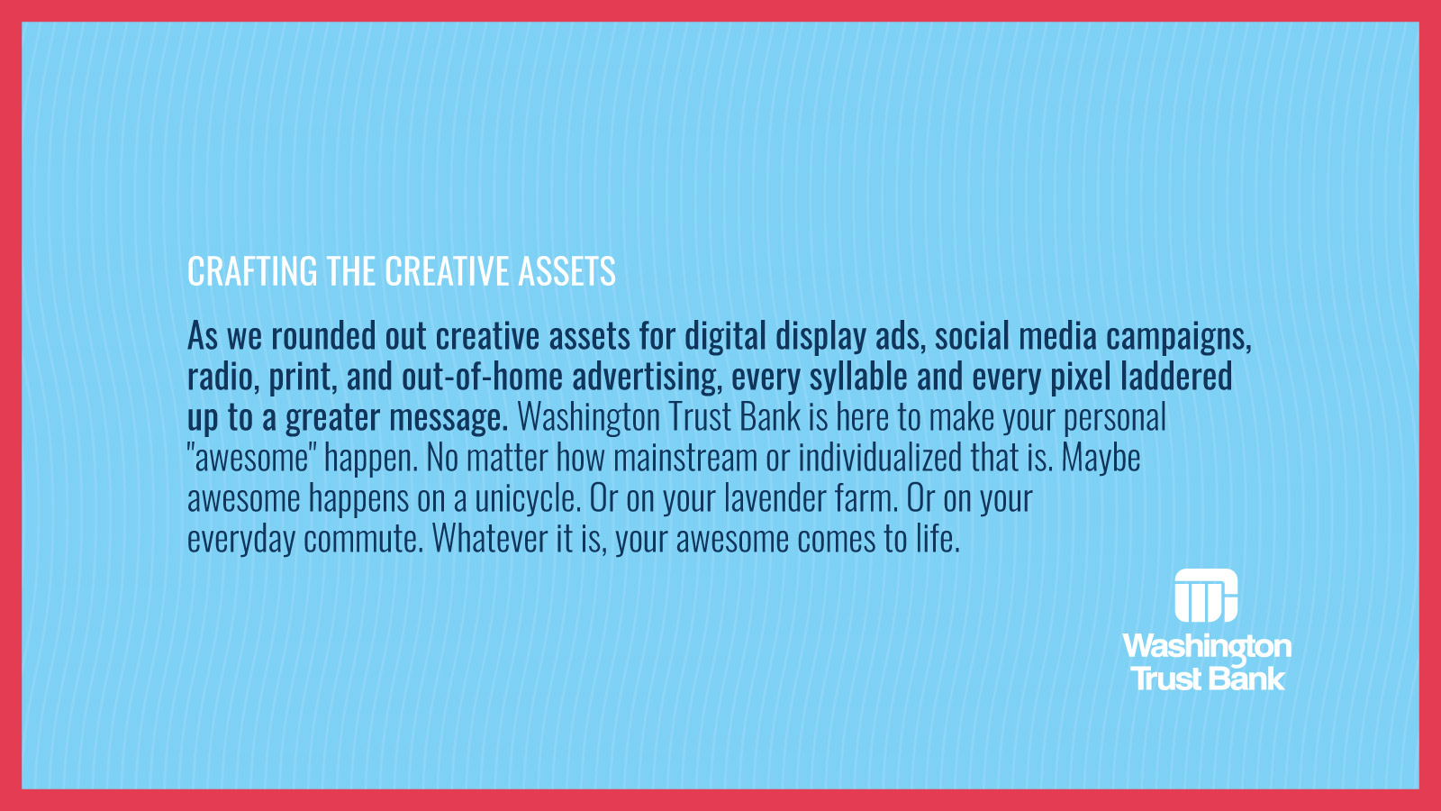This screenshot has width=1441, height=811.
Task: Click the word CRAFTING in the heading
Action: (252, 271)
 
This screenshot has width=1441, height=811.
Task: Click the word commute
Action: (364, 540)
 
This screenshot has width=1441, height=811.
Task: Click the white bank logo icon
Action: (1206, 596)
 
